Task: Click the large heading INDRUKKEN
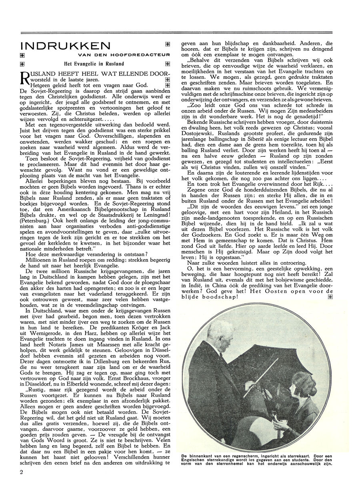(65, 45)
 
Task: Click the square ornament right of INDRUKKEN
(167, 44)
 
